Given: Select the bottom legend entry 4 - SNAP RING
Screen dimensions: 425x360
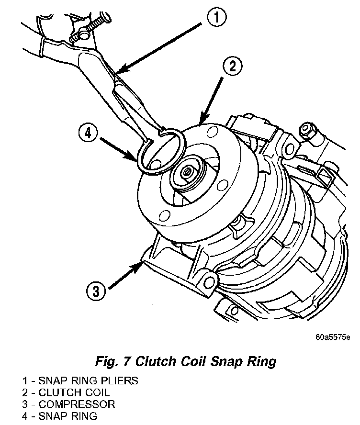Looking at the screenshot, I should tap(59, 415).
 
